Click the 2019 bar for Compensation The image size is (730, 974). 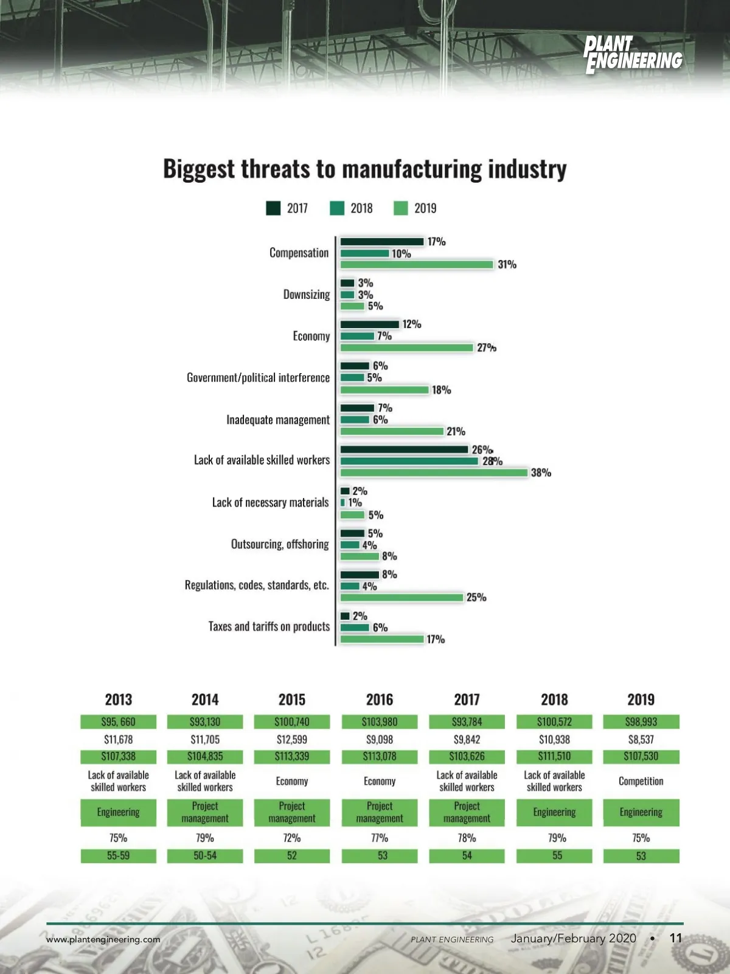click(417, 264)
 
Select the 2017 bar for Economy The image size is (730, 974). click(369, 324)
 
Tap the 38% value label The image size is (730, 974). click(541, 472)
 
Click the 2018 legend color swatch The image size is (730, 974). click(337, 208)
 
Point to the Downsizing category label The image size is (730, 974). click(307, 295)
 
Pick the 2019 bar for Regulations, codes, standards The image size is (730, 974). click(401, 597)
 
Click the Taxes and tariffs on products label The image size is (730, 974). click(269, 626)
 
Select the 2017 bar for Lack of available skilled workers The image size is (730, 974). click(404, 449)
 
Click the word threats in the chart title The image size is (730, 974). click(276, 169)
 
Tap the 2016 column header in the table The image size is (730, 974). click(380, 699)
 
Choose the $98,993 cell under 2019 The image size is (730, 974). click(641, 722)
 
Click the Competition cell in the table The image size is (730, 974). click(641, 781)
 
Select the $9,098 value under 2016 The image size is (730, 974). click(380, 740)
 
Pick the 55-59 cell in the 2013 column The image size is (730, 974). click(118, 855)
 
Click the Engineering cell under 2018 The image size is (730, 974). click(554, 812)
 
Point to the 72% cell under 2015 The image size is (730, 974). click(292, 838)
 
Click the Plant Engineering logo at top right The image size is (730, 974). click(633, 55)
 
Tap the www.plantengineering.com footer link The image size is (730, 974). click(103, 939)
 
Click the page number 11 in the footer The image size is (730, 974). click(676, 938)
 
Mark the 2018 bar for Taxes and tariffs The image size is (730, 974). click(355, 628)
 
